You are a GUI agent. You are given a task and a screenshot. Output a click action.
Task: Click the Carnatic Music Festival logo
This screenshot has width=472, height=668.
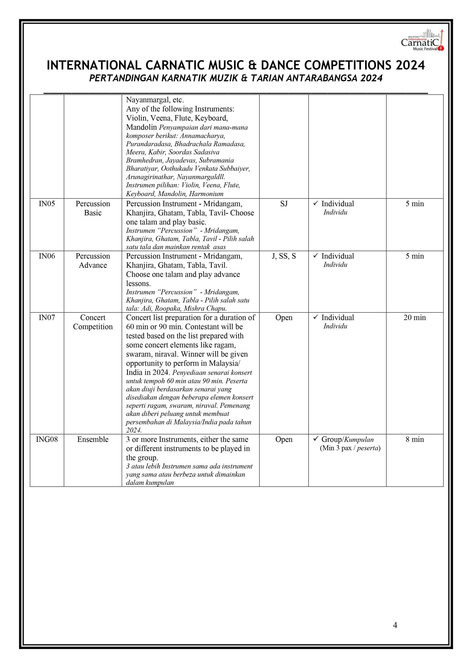[x=422, y=40]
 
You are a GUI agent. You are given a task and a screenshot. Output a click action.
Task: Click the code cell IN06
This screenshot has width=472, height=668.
[x=47, y=256]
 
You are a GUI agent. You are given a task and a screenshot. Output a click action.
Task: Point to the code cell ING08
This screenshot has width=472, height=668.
[x=47, y=439]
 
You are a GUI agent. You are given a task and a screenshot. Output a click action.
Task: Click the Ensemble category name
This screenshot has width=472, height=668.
[x=93, y=439]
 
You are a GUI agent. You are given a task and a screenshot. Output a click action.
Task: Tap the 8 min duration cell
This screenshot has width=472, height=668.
[x=415, y=439]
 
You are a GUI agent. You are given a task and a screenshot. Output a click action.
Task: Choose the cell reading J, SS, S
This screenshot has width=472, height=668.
[x=284, y=256]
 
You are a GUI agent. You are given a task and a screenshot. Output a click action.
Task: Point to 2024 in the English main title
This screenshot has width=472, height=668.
[x=410, y=65]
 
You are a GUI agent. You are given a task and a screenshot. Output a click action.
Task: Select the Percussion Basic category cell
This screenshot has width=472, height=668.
[x=93, y=208]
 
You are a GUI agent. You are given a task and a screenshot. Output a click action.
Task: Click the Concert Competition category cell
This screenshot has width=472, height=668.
[x=93, y=322]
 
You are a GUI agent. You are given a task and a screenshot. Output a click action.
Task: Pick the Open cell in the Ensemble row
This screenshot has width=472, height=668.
[x=284, y=439]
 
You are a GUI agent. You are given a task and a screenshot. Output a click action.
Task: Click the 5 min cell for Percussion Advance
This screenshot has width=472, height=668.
[x=415, y=256]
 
